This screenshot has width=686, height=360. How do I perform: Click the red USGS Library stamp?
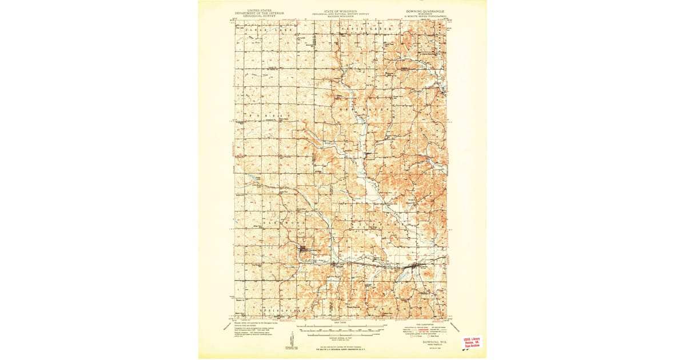coord(472,342)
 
